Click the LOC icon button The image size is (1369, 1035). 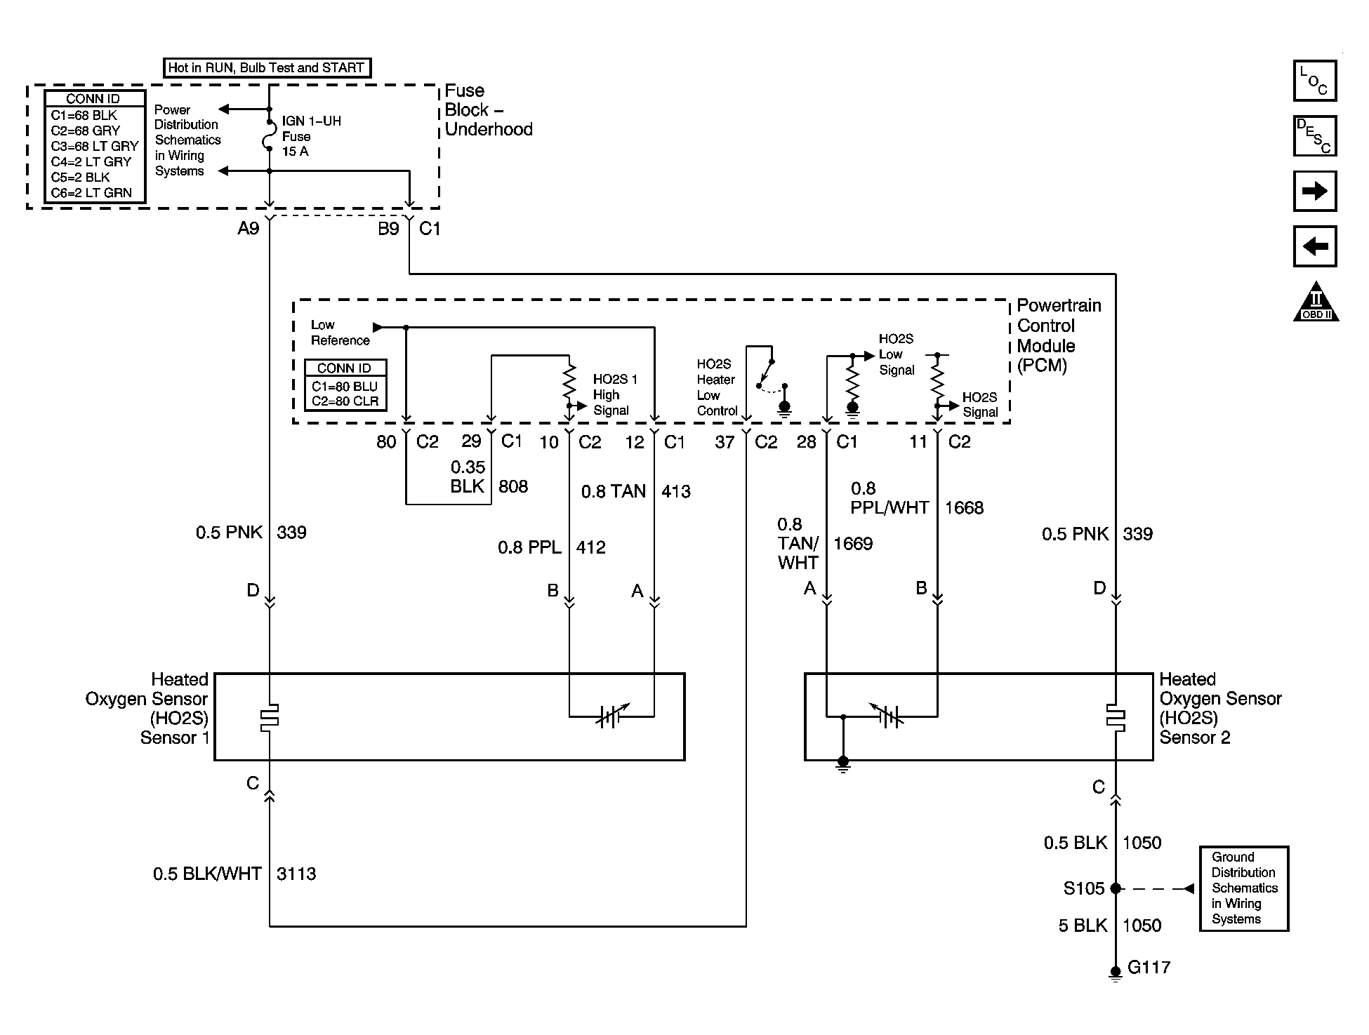(x=1314, y=81)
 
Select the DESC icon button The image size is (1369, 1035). (x=1314, y=135)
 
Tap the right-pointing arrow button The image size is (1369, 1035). (x=1314, y=191)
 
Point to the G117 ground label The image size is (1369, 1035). (x=1149, y=968)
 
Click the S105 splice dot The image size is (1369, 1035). (x=1116, y=888)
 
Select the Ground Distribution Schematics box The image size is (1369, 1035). (x=1244, y=888)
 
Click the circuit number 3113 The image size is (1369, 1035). (x=296, y=874)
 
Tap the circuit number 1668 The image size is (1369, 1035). (x=964, y=508)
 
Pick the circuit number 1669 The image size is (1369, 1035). (x=853, y=544)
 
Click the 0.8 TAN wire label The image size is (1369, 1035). (x=613, y=492)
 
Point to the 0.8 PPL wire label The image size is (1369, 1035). (x=530, y=547)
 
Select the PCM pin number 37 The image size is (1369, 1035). (x=725, y=442)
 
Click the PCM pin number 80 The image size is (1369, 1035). (x=386, y=442)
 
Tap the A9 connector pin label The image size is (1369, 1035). (x=249, y=229)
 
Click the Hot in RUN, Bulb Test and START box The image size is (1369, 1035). (x=266, y=68)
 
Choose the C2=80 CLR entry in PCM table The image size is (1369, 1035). (x=345, y=402)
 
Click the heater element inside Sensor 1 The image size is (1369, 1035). (x=270, y=716)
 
